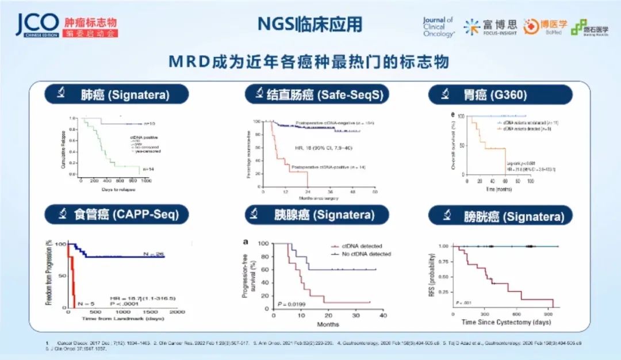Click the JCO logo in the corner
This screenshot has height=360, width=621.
point(37,24)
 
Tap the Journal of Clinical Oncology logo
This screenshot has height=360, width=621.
point(438,26)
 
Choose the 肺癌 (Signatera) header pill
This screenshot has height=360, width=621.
point(117,94)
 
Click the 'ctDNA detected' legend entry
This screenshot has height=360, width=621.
point(361,246)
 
